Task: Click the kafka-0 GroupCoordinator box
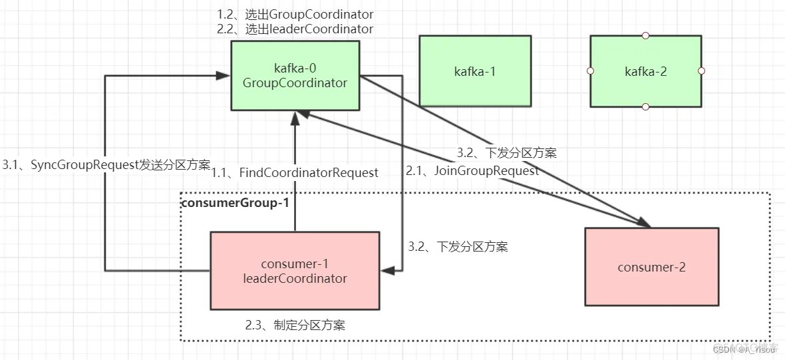pyautogui.click(x=295, y=75)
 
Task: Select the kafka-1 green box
pyautogui.click(x=475, y=71)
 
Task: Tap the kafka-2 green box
pyautogui.click(x=645, y=71)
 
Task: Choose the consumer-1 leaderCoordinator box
pyautogui.click(x=295, y=270)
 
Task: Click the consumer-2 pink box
pyautogui.click(x=651, y=267)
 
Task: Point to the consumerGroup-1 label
pyautogui.click(x=235, y=202)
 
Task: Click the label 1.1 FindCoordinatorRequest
pyautogui.click(x=295, y=172)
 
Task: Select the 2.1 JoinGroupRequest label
pyautogui.click(x=472, y=170)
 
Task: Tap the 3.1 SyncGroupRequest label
pyautogui.click(x=106, y=165)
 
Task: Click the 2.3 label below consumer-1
pyautogui.click(x=295, y=325)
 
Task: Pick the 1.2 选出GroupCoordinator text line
pyautogui.click(x=295, y=14)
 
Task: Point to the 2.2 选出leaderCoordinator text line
pyautogui.click(x=295, y=29)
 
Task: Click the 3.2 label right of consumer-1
pyautogui.click(x=458, y=247)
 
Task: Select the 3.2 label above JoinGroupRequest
pyautogui.click(x=506, y=152)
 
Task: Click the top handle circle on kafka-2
pyautogui.click(x=645, y=35)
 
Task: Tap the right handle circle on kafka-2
pyautogui.click(x=701, y=71)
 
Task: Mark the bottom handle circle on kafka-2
pyautogui.click(x=645, y=106)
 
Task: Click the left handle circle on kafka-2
pyautogui.click(x=590, y=71)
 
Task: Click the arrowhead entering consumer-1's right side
pyautogui.click(x=387, y=270)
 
